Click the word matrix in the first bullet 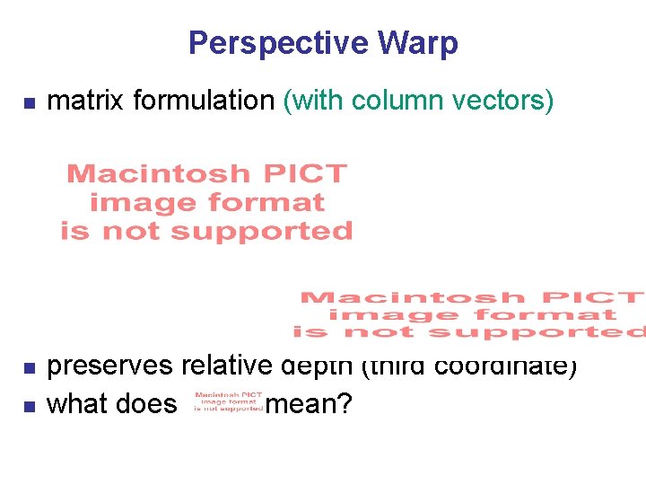(85, 101)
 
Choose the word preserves (110, 366)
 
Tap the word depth (319, 366)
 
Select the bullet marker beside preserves (28, 368)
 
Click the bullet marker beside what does (28, 406)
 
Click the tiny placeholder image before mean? (228, 401)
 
